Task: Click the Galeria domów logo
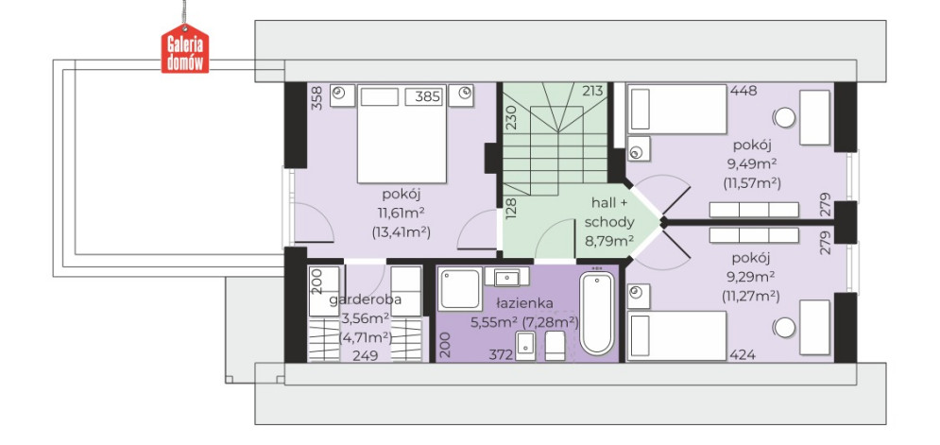(185, 48)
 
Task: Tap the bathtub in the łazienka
(597, 314)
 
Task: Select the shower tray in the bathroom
(460, 290)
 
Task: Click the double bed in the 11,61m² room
(402, 134)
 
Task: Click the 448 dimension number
(743, 91)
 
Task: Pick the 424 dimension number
(743, 355)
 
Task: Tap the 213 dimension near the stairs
(593, 91)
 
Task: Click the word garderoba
(365, 300)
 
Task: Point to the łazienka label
(524, 303)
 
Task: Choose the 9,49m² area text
(751, 163)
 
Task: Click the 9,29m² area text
(751, 277)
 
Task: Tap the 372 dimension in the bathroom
(502, 355)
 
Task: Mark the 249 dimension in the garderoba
(365, 356)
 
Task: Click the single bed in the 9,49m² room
(676, 110)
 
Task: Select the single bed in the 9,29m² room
(676, 335)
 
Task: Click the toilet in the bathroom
(555, 347)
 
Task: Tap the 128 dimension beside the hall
(511, 210)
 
